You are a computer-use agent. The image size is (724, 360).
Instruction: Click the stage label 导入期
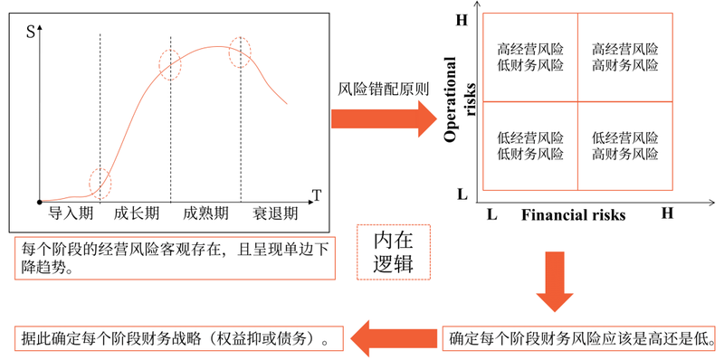click(x=71, y=213)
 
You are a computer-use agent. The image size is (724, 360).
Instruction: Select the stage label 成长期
click(x=137, y=213)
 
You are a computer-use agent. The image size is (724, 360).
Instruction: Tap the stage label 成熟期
click(x=205, y=213)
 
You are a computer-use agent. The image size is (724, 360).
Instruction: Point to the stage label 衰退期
click(x=275, y=213)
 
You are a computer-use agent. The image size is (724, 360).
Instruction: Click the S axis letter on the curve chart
click(x=31, y=33)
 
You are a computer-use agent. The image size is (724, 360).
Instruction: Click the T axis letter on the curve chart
click(x=317, y=196)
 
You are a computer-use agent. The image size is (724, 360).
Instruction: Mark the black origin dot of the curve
click(x=40, y=202)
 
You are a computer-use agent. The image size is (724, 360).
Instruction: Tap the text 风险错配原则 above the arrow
click(x=384, y=90)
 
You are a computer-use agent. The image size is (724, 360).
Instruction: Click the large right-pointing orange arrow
click(x=384, y=119)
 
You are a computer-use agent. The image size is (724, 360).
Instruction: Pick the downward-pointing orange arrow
click(x=555, y=281)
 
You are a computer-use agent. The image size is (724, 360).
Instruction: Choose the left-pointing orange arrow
click(x=394, y=339)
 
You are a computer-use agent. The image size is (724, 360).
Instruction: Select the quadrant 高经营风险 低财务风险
click(x=530, y=57)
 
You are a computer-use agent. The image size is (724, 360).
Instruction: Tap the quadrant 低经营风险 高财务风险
click(x=625, y=146)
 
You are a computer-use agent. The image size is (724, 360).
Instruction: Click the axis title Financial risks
click(x=574, y=215)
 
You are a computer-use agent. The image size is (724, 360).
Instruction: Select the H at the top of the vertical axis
click(x=462, y=21)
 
